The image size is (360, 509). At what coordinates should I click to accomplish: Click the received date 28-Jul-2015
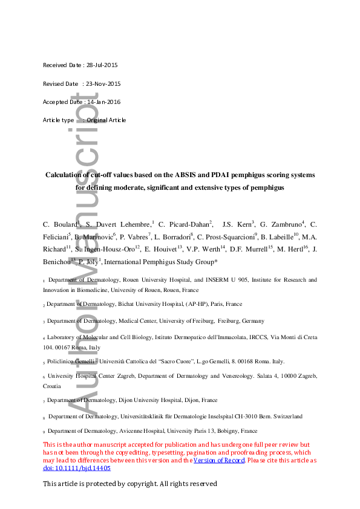coord(103,65)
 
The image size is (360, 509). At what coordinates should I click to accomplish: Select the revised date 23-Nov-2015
coord(102,83)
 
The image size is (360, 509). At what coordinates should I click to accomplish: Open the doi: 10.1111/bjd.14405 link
coord(77,468)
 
